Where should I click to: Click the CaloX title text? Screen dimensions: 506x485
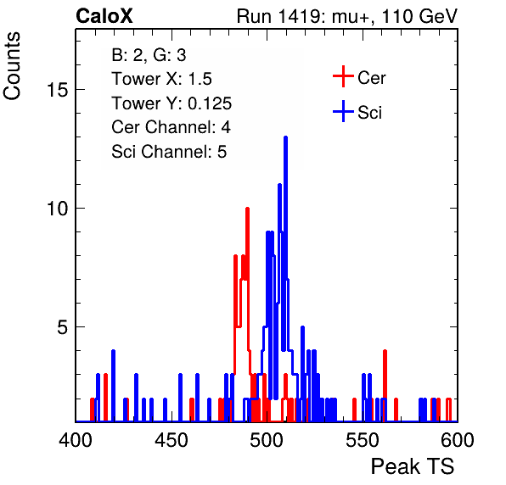(x=104, y=16)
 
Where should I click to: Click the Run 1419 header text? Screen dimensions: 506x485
(x=347, y=16)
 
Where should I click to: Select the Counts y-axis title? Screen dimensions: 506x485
(x=12, y=66)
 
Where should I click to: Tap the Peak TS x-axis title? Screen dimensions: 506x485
(x=413, y=466)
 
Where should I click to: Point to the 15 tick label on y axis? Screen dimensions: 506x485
(x=58, y=90)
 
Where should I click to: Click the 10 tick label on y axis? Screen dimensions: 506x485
(x=58, y=209)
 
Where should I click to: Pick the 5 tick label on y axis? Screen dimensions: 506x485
(x=63, y=327)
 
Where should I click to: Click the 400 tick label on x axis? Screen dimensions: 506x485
(x=76, y=440)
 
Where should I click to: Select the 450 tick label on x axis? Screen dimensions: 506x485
(x=171, y=440)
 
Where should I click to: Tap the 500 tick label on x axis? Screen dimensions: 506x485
(x=267, y=440)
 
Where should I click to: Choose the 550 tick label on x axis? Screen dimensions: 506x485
(x=362, y=440)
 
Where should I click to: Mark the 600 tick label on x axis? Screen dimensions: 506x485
(x=458, y=440)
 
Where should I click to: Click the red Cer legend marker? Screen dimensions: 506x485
(x=343, y=76)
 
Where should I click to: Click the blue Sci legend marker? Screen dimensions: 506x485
(x=343, y=112)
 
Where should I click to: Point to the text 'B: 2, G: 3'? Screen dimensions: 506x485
(x=149, y=55)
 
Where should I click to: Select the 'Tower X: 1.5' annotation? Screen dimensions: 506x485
(x=161, y=79)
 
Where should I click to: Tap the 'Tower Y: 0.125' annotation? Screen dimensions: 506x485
(x=171, y=103)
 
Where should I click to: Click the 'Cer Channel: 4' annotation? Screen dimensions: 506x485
(x=171, y=127)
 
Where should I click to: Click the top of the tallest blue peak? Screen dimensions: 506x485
(x=285, y=137)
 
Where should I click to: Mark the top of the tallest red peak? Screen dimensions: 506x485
(x=248, y=209)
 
